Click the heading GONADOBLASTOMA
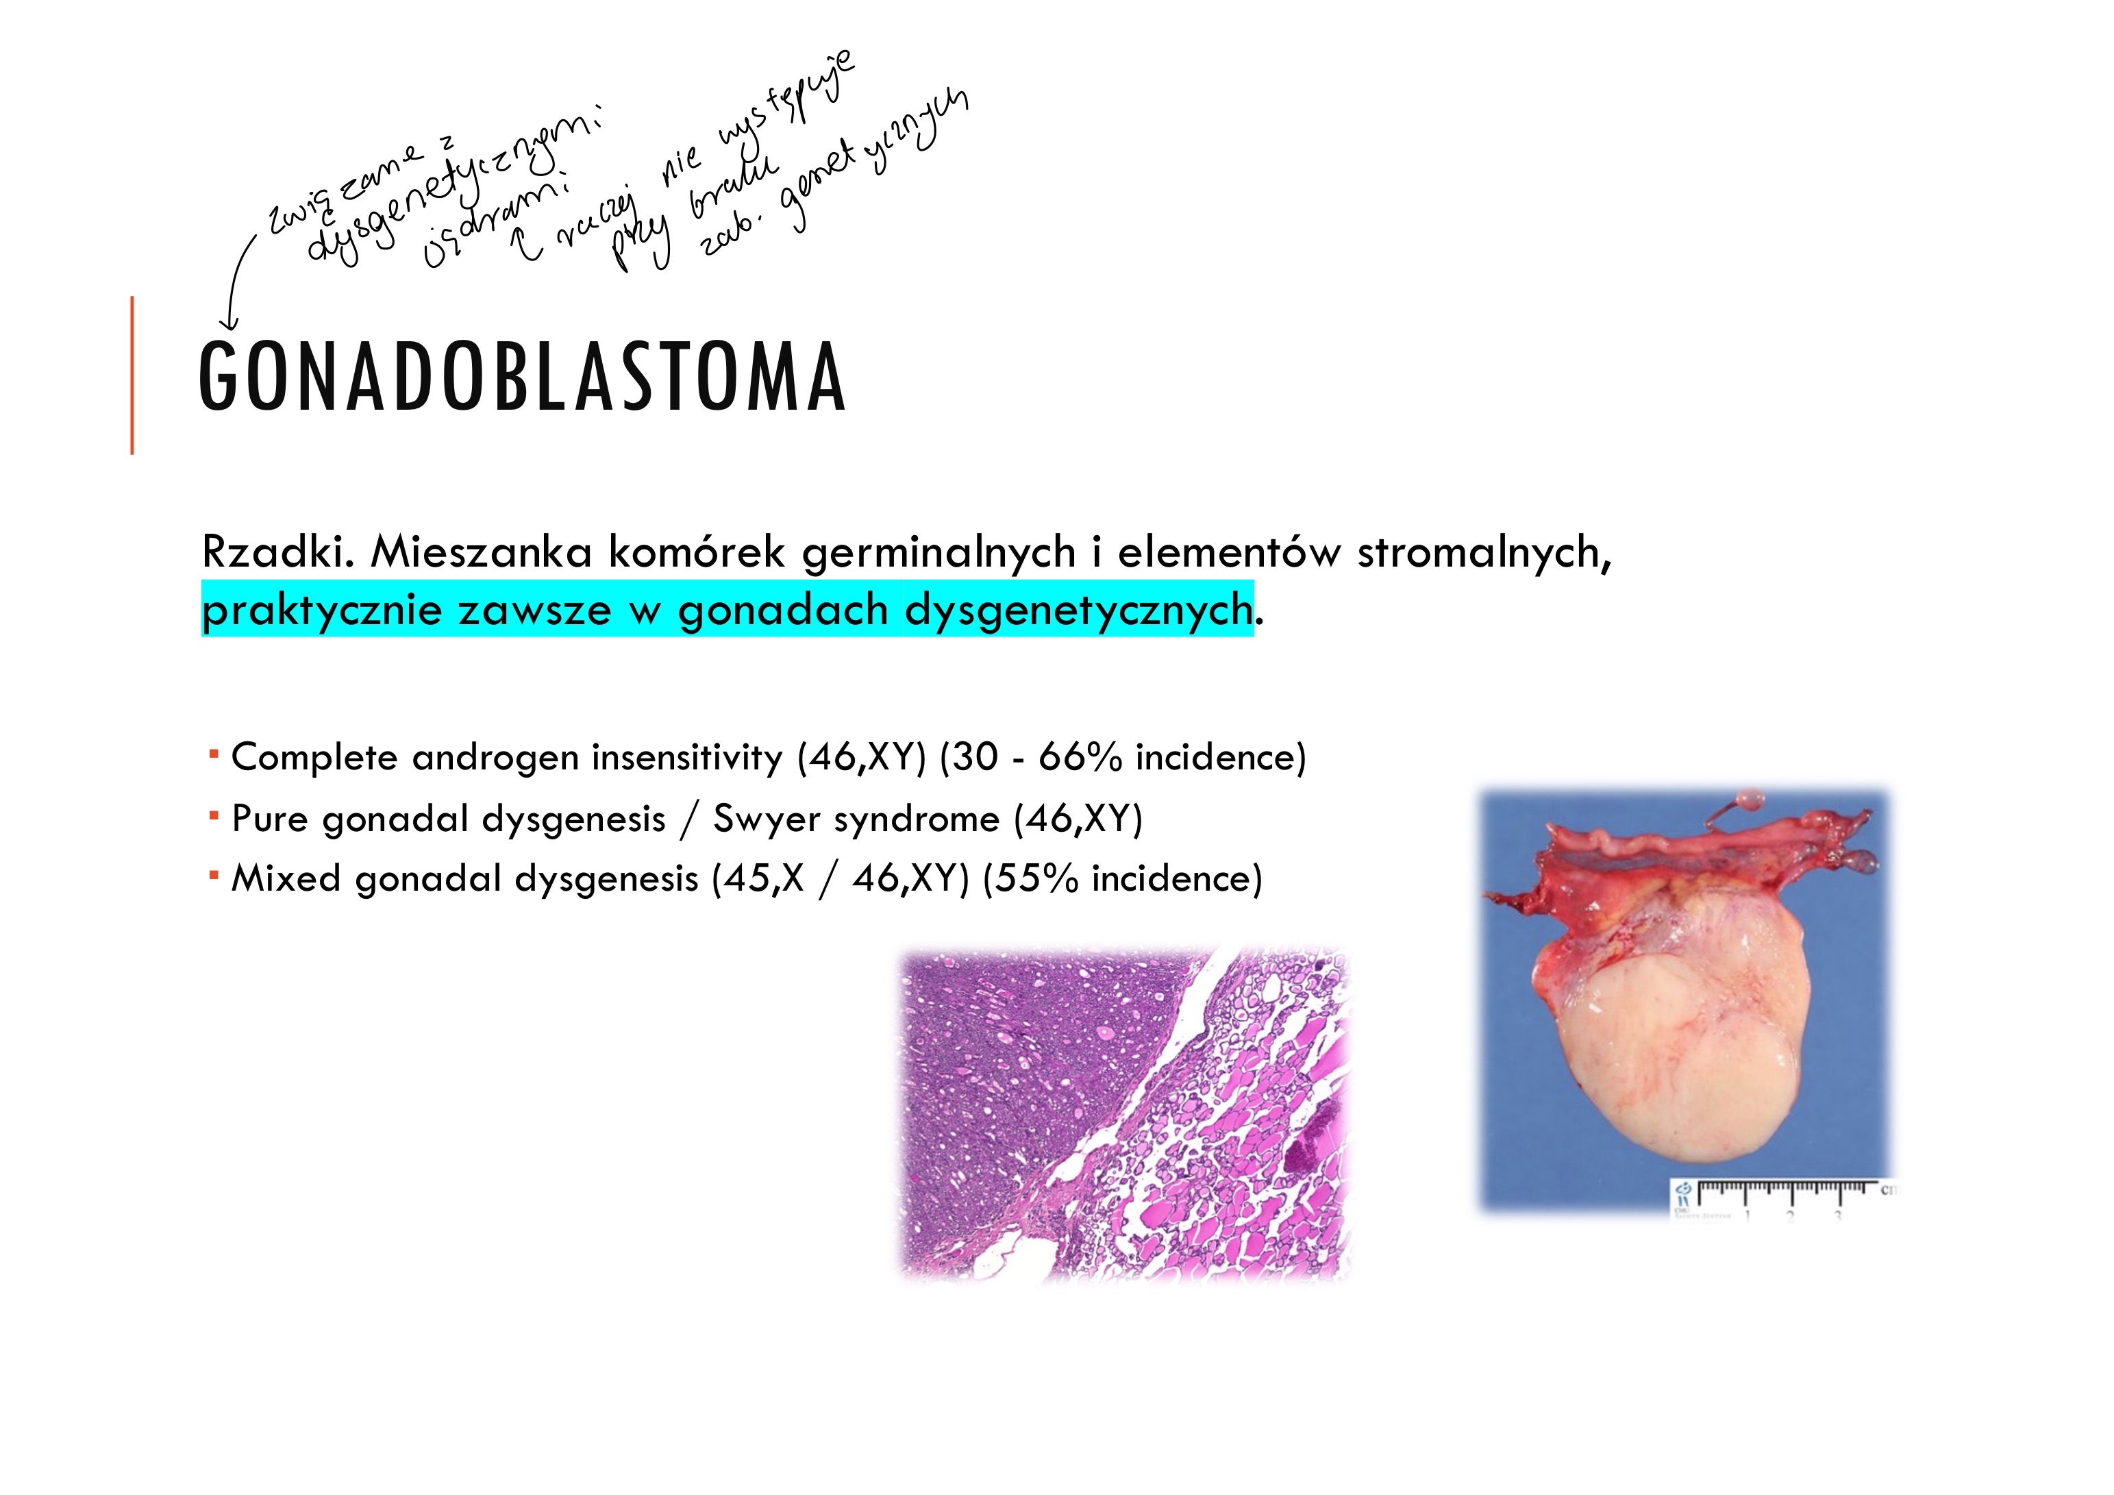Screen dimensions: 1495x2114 tap(521, 377)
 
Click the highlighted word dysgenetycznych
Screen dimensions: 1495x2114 tap(1078, 610)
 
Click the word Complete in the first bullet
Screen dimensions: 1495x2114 tap(314, 758)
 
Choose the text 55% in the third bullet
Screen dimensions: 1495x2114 tap(1036, 879)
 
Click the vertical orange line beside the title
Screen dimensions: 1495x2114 tap(133, 375)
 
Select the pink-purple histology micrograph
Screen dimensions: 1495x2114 tap(1124, 1115)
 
